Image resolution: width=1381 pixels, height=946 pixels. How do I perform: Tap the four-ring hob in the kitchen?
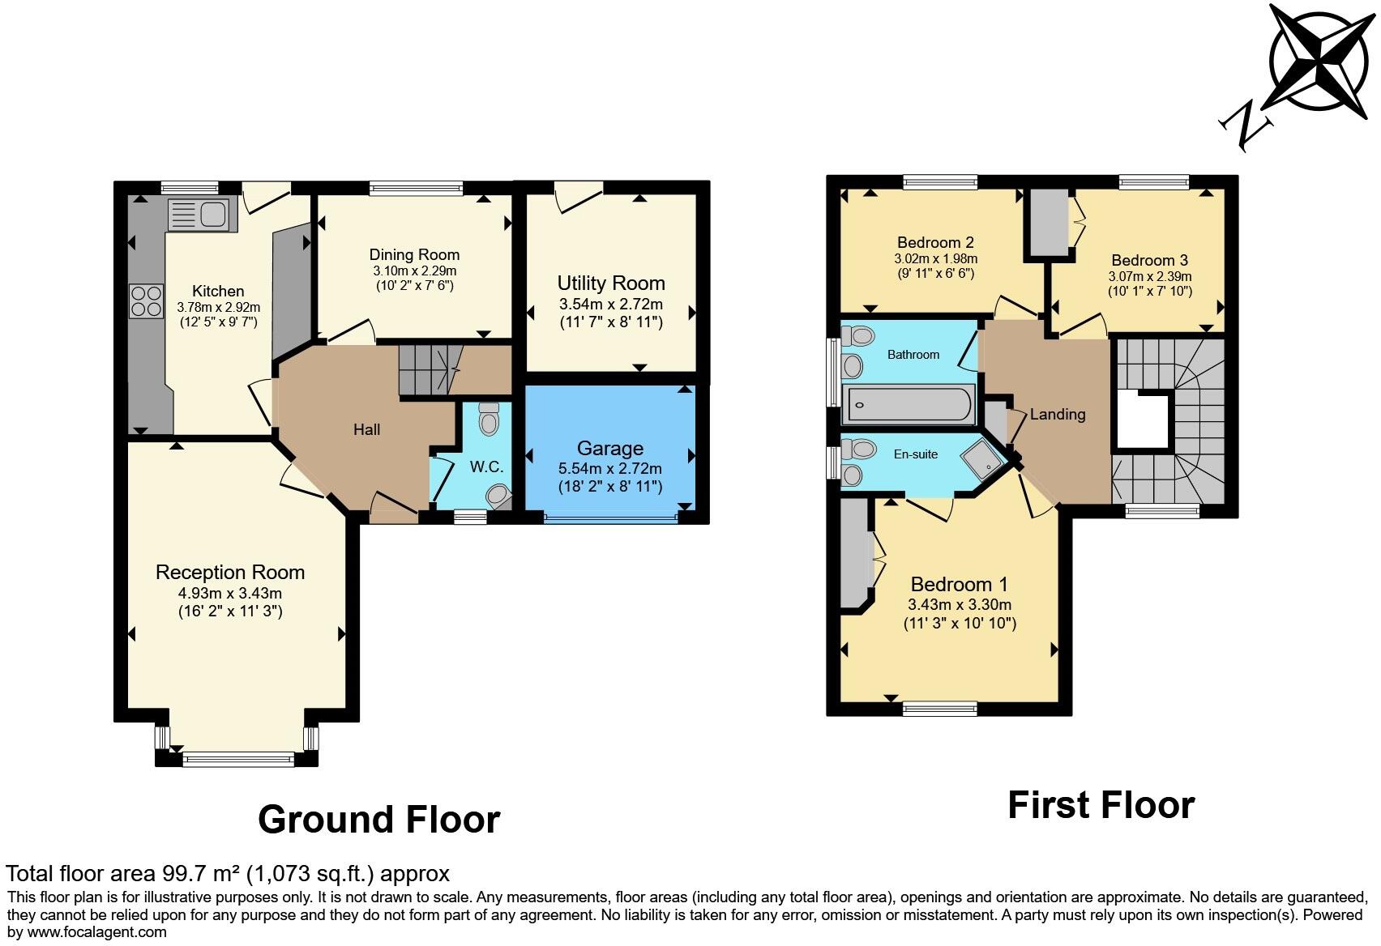click(x=145, y=300)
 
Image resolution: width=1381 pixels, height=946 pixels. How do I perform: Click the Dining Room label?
click(x=414, y=255)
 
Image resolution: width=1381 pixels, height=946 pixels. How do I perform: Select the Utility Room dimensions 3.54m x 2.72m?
click(x=610, y=305)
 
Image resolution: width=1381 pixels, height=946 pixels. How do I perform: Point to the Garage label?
click(x=609, y=448)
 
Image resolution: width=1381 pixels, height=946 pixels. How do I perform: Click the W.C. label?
click(x=486, y=467)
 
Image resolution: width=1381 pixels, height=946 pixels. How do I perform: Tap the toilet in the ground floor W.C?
click(x=488, y=419)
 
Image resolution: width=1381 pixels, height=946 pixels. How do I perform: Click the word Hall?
click(x=366, y=429)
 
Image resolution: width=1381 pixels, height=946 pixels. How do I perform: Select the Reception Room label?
click(x=230, y=572)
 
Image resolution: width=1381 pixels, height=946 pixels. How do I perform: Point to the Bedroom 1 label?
click(x=959, y=584)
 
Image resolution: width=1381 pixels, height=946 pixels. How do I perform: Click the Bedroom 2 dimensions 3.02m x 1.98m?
click(x=935, y=259)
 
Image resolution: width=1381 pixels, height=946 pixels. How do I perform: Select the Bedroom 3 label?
click(x=1149, y=260)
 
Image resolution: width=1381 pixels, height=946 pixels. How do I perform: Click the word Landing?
click(x=1057, y=415)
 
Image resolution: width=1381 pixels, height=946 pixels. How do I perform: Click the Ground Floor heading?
click(x=378, y=820)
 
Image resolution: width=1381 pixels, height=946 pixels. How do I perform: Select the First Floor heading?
click(x=1101, y=805)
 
